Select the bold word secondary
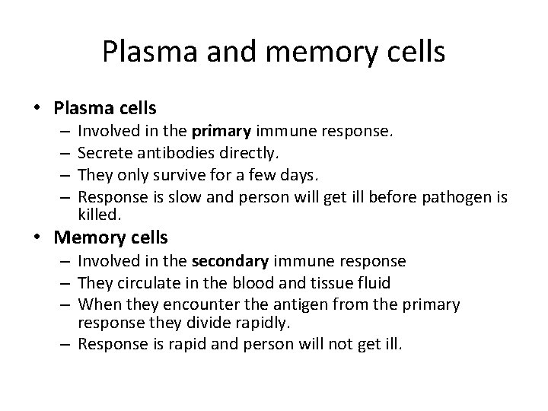click(x=231, y=261)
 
